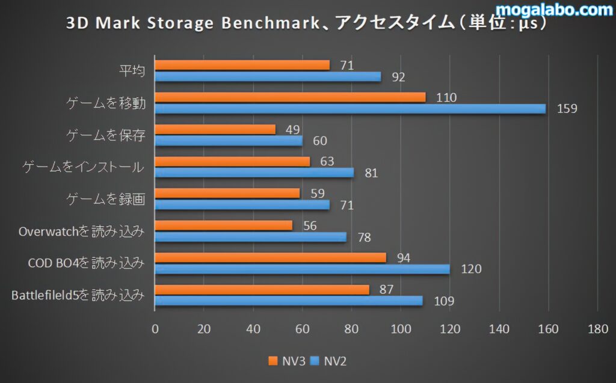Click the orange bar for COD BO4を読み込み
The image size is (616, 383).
(x=270, y=257)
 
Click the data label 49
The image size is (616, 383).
(x=292, y=129)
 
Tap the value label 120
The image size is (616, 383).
(x=470, y=269)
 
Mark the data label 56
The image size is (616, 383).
(x=309, y=225)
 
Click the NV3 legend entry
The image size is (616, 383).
(x=288, y=361)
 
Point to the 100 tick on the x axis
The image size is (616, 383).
(x=401, y=329)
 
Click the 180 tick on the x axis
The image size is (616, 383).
(x=597, y=329)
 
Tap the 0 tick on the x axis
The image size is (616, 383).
(x=155, y=329)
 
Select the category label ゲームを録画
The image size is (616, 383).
(x=105, y=199)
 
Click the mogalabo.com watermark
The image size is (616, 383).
(x=553, y=10)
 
